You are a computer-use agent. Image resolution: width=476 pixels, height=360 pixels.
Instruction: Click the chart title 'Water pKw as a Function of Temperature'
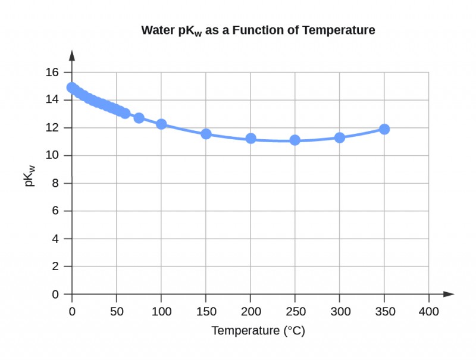(x=258, y=30)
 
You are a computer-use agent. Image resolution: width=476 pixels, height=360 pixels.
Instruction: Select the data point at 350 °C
(x=384, y=129)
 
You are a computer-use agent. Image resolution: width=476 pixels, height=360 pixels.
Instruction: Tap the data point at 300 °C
(x=340, y=137)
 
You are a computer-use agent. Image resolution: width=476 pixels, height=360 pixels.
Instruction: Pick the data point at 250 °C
(x=295, y=140)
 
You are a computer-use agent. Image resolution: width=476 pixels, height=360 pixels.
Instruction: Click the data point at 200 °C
(x=250, y=138)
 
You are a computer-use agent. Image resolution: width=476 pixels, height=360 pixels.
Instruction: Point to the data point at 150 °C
(x=206, y=134)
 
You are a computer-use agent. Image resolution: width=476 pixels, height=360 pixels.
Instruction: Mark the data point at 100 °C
(x=161, y=124)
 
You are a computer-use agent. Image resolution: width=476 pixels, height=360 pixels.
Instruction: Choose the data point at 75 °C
(x=139, y=118)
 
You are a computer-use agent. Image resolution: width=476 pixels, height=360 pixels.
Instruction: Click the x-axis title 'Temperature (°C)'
(x=258, y=331)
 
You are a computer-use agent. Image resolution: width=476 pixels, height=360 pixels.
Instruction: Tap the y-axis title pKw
(x=30, y=177)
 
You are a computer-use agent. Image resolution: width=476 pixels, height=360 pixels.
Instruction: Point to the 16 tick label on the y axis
(x=52, y=73)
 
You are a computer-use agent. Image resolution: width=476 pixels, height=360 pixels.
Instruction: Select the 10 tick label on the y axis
(x=52, y=156)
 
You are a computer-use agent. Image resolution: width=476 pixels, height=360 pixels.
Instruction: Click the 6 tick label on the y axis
(x=55, y=211)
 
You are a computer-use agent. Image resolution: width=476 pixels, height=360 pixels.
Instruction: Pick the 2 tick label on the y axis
(x=55, y=267)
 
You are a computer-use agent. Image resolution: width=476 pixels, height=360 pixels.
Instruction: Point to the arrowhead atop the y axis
(x=72, y=55)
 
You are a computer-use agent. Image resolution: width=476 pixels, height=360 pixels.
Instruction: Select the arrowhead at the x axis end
(x=449, y=294)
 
